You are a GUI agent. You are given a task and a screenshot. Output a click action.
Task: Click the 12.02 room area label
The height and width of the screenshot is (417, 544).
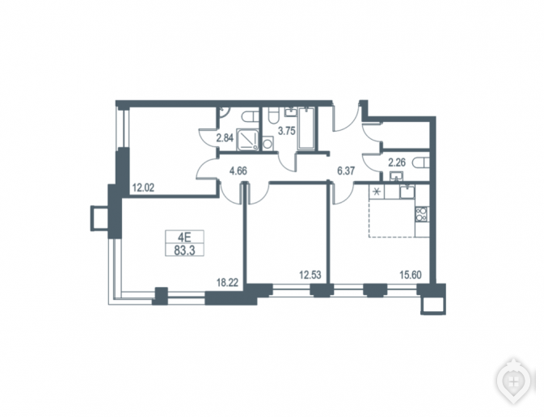(x=143, y=188)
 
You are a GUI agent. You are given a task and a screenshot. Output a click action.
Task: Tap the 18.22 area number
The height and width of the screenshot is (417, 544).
(x=227, y=283)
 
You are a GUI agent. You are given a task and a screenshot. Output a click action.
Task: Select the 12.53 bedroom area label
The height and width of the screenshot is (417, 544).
(x=310, y=276)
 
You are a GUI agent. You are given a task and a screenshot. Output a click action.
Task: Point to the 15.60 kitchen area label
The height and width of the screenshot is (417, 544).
(x=411, y=276)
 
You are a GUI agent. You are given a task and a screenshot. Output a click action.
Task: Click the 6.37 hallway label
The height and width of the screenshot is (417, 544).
(x=347, y=171)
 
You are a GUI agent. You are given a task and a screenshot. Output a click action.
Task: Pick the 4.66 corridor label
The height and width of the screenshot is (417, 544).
(x=238, y=171)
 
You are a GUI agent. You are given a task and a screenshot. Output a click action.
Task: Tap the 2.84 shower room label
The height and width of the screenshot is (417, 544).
(x=225, y=138)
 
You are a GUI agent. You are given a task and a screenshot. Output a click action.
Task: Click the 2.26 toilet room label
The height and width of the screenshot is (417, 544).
(x=397, y=162)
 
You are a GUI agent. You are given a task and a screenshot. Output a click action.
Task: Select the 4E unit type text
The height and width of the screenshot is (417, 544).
(x=184, y=238)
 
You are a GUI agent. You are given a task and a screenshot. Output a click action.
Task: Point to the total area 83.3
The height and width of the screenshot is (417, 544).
(x=184, y=251)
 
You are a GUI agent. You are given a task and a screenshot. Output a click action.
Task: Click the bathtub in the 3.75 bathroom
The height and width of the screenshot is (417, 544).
(x=306, y=128)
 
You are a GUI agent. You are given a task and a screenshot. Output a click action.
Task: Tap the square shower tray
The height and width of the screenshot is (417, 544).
(x=247, y=140)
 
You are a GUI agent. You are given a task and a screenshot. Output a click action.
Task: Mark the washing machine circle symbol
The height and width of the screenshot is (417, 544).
(x=268, y=144)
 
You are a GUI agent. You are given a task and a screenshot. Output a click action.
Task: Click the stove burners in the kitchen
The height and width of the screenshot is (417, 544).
(x=422, y=214)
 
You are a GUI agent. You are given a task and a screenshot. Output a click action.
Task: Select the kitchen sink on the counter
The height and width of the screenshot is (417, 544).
(x=407, y=192)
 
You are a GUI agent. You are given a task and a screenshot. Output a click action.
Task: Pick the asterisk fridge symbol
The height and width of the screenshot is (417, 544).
(x=376, y=192)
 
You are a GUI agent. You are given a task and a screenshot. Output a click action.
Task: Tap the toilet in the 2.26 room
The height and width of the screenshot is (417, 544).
(x=421, y=162)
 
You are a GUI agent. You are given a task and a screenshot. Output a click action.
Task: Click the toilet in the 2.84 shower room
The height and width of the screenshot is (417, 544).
(x=251, y=116)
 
